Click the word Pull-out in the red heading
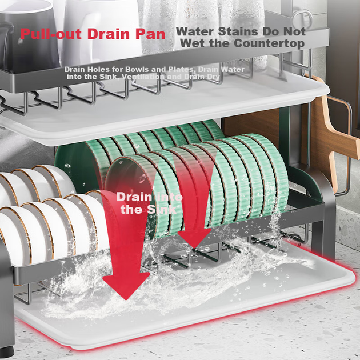(x=50, y=34)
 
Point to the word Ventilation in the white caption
(x=143, y=77)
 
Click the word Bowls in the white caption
(x=134, y=69)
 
